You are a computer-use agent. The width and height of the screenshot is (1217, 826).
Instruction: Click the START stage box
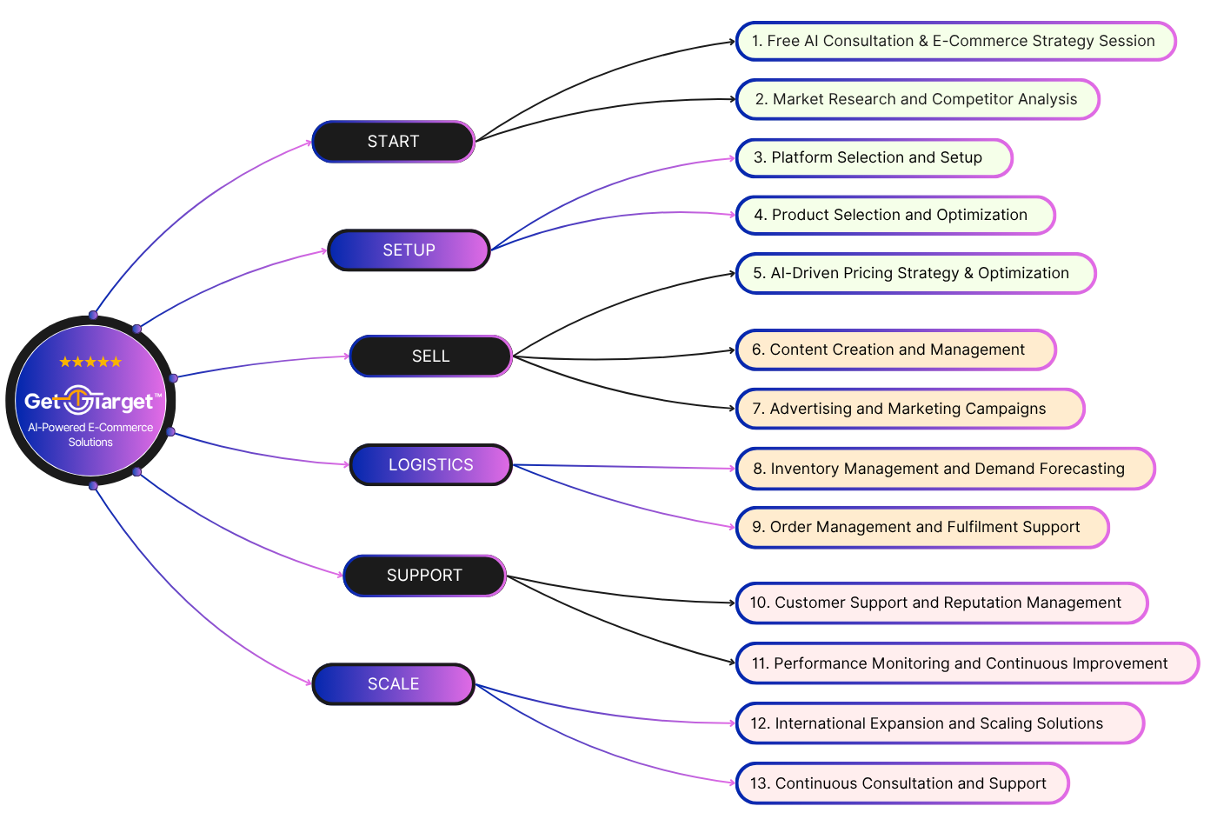click(393, 142)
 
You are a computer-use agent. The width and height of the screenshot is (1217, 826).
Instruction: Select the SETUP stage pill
click(409, 250)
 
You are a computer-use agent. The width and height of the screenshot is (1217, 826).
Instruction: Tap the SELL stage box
click(430, 356)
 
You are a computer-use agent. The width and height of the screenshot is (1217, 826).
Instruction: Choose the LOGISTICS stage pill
click(430, 465)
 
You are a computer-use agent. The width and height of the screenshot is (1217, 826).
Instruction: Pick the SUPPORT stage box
click(424, 576)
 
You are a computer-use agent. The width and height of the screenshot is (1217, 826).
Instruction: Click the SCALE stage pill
click(393, 684)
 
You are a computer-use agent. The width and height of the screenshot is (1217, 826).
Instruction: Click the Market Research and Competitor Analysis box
click(917, 99)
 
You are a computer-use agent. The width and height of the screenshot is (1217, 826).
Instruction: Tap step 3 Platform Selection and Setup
click(874, 157)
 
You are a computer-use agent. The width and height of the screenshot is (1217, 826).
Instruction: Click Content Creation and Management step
click(895, 350)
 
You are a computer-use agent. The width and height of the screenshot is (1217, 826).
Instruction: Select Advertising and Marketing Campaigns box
click(910, 409)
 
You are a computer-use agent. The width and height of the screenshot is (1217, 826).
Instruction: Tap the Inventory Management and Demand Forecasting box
click(945, 469)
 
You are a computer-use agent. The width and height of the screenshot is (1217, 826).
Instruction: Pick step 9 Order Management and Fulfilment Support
click(922, 527)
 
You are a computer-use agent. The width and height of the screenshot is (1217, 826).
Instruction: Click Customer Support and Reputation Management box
click(941, 603)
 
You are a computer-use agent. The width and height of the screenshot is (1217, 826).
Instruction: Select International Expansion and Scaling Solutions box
click(940, 723)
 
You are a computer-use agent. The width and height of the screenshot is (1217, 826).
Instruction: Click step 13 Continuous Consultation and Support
click(902, 783)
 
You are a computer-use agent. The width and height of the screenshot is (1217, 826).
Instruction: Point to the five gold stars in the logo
click(90, 362)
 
